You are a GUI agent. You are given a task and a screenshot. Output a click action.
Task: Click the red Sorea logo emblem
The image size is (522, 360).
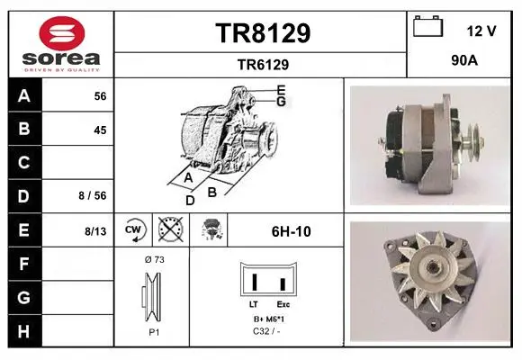tap(62, 33)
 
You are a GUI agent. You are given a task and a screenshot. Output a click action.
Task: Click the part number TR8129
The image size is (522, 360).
tap(263, 33)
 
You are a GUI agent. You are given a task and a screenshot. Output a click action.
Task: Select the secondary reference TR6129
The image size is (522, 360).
tap(263, 65)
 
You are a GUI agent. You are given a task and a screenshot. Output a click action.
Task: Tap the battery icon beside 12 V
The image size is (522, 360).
tap(428, 26)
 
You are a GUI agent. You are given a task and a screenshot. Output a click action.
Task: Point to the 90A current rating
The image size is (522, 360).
tap(464, 60)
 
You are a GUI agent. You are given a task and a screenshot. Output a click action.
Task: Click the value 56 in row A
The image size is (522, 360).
tap(100, 96)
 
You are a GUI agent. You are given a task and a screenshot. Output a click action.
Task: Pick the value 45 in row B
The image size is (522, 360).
tap(100, 130)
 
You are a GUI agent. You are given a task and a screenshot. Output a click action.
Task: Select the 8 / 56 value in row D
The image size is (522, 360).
tap(93, 195)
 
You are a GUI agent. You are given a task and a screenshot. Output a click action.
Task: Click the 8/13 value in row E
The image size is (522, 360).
tap(95, 230)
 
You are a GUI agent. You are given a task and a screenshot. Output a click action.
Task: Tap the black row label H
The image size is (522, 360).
tap(24, 331)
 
